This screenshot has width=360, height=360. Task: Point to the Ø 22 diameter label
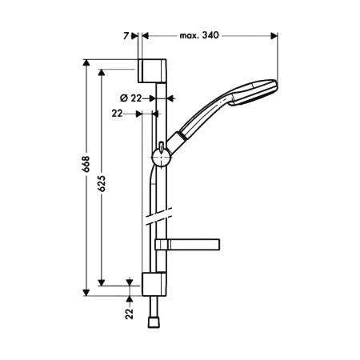pyautogui.click(x=130, y=97)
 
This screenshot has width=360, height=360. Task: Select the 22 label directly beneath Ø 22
pyautogui.click(x=118, y=114)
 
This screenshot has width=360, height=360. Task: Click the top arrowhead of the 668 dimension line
pyautogui.click(x=85, y=62)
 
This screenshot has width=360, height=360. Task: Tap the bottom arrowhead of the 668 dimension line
pyautogui.click(x=85, y=292)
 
